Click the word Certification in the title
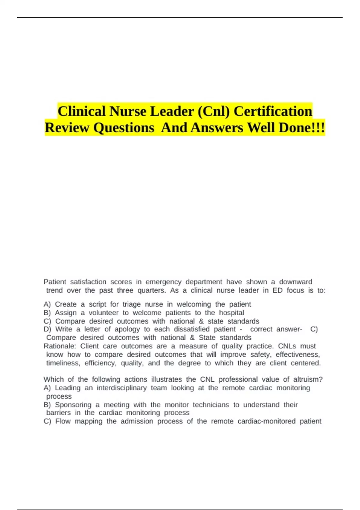click(273, 111)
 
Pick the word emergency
click(163, 282)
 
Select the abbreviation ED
click(277, 290)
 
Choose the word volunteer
click(103, 313)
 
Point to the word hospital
click(231, 313)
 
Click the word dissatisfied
click(192, 329)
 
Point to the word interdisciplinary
click(121, 388)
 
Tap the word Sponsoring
click(73, 405)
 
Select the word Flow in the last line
click(63, 421)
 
